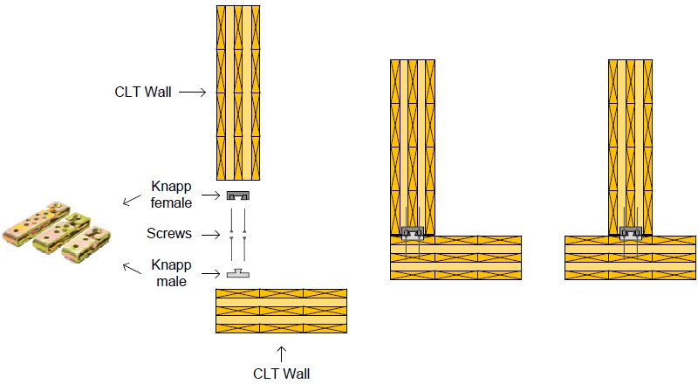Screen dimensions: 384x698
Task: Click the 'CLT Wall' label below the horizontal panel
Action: tap(281, 374)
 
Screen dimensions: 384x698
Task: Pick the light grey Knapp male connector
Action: tap(237, 273)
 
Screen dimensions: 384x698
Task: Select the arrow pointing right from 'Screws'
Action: tap(210, 234)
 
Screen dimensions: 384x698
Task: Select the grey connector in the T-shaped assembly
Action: tap(630, 233)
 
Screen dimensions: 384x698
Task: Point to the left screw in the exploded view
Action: tap(230, 234)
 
